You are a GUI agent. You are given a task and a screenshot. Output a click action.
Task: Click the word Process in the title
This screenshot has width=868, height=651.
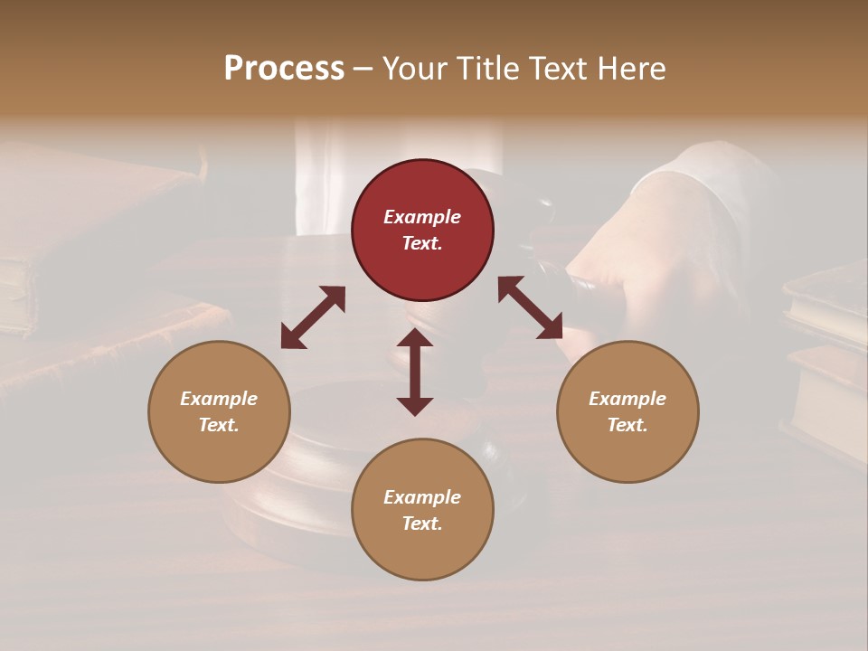[x=284, y=69]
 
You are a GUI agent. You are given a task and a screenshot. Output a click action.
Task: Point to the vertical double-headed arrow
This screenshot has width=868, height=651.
[x=415, y=372]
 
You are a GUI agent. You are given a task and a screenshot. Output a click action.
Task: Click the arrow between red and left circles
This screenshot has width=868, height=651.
[x=313, y=317]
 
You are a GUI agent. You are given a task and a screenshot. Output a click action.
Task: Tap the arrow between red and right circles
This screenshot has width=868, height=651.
[x=531, y=308]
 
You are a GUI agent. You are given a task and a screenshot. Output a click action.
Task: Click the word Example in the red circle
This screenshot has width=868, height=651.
[x=422, y=217]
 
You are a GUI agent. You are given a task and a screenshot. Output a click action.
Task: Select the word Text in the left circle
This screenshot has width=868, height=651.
[x=219, y=425]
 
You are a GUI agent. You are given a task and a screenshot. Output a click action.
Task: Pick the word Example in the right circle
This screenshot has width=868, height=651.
[x=627, y=399]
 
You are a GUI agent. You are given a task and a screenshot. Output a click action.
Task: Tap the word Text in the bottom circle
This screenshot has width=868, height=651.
[x=422, y=524]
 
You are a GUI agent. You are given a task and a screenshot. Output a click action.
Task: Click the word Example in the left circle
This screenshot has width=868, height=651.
[x=219, y=399]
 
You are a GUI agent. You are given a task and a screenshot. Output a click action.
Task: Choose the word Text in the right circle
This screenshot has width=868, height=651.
[x=627, y=425]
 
